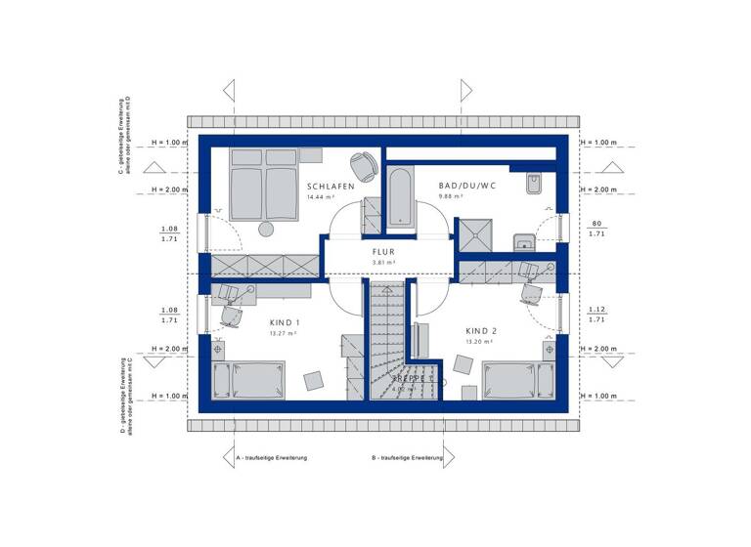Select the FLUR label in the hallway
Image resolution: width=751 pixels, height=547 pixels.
(382, 251)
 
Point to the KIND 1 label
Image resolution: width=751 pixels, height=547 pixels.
(284, 322)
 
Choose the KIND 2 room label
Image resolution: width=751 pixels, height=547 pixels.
(481, 331)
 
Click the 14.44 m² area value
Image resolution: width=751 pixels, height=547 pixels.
(321, 197)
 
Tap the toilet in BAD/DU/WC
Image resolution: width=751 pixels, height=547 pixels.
(534, 185)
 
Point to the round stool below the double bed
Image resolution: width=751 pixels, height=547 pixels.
(265, 229)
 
